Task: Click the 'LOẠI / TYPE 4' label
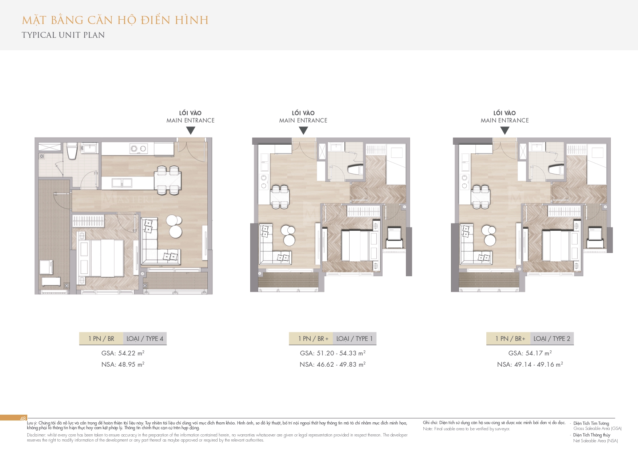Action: coord(145,339)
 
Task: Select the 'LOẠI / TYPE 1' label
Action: coord(355,339)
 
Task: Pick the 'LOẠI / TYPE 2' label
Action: coord(552,339)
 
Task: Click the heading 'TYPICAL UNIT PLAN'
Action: coord(63,35)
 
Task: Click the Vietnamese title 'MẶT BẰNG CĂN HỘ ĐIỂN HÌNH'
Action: coord(115,20)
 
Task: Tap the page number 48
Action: coord(23,418)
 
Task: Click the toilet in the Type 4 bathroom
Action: coord(72,151)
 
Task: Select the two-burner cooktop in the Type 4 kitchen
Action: coord(139,148)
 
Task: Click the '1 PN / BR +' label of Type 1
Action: coord(313,339)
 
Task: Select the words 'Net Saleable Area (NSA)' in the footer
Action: coord(595,441)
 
